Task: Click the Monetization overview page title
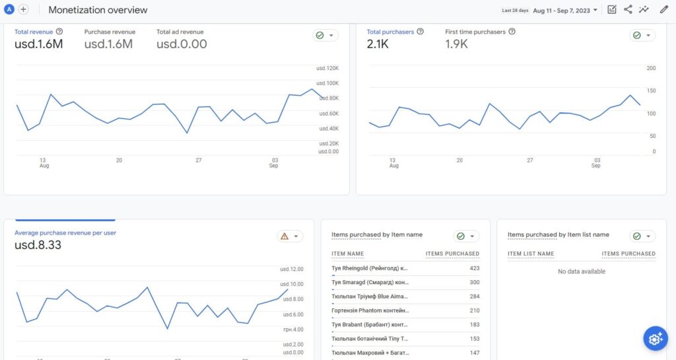98,10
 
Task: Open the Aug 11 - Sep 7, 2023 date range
565,10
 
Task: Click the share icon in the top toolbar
628,9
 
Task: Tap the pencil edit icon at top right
663,9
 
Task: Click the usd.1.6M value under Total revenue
38,44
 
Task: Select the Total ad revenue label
180,32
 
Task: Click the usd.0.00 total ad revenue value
182,44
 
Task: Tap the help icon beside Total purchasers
421,32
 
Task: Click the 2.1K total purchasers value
379,44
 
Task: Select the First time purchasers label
475,32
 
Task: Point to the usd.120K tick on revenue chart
327,69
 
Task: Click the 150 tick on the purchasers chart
651,90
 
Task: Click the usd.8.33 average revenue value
38,246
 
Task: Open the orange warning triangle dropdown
290,236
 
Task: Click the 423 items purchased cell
473,268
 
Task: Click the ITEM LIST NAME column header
531,254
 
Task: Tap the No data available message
581,271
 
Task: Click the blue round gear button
655,339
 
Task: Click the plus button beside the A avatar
24,9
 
